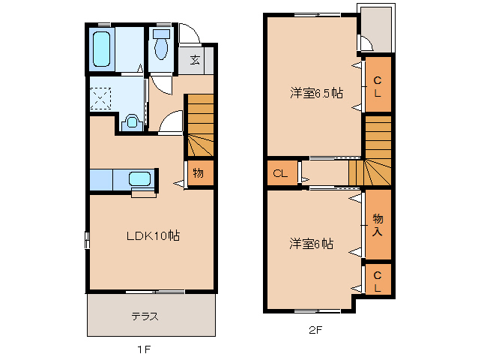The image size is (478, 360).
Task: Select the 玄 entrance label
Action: [x=195, y=60]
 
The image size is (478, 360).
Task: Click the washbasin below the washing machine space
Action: [x=132, y=122]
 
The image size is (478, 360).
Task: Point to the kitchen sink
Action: [x=140, y=179]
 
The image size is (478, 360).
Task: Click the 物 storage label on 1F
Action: [x=198, y=173]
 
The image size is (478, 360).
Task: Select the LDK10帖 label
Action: [x=151, y=235]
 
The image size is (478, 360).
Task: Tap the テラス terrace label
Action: [x=145, y=316]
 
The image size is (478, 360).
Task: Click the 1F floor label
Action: [x=145, y=349]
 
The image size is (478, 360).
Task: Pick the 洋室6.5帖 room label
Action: [x=317, y=93]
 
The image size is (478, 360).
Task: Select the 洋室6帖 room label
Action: [x=312, y=244]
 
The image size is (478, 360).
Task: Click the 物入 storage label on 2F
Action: [x=378, y=224]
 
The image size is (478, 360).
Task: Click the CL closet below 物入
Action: [x=378, y=280]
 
